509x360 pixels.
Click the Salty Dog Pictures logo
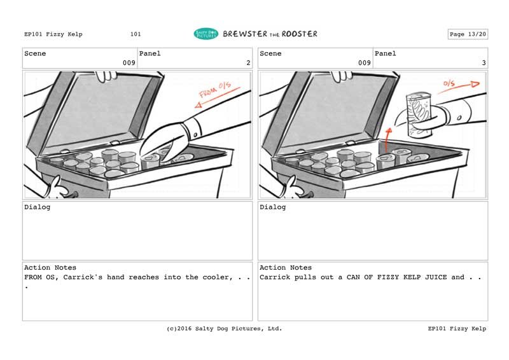point(206,34)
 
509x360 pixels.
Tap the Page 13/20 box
point(468,34)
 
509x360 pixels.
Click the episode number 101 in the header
point(136,34)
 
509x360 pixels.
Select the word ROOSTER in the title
point(299,34)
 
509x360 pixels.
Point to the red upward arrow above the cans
point(387,140)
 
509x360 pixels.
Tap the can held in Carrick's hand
point(419,114)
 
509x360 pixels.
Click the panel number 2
point(248,63)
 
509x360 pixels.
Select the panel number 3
point(484,63)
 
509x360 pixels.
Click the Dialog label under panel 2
point(38,207)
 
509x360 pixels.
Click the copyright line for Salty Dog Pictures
point(225,328)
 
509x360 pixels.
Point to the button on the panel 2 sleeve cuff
point(195,134)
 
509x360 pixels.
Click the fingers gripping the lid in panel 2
point(106,76)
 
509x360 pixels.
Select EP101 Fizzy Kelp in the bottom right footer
point(457,328)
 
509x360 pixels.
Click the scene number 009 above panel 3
point(365,63)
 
